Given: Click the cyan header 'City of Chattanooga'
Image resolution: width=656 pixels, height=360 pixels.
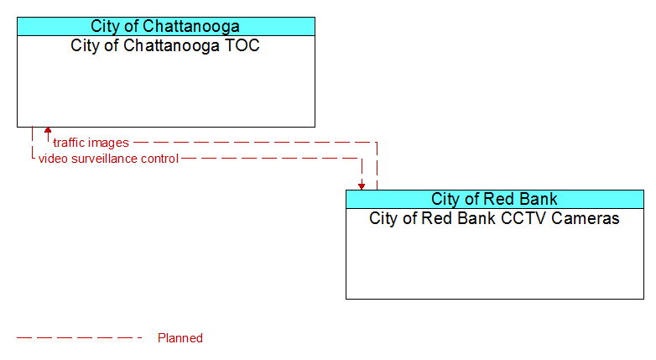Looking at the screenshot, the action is [x=165, y=26].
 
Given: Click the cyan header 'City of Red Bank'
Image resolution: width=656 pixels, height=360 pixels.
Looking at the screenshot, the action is [x=494, y=199].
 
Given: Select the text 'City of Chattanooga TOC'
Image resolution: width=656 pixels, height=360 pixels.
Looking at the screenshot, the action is [x=165, y=45].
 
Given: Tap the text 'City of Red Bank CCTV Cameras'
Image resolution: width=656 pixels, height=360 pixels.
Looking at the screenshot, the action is [x=494, y=218].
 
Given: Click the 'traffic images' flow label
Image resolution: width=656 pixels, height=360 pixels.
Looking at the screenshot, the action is [x=91, y=143].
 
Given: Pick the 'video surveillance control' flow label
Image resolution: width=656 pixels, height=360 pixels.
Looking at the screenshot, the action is [x=108, y=159].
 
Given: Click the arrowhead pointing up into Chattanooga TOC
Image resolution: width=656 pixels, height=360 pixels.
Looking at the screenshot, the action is [x=48, y=130].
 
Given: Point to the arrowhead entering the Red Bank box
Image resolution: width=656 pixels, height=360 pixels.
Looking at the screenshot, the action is [x=362, y=186].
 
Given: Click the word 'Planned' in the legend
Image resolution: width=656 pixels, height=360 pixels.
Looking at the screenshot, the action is [x=180, y=338].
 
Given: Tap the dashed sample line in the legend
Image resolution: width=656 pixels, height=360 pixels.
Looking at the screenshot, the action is [x=80, y=338].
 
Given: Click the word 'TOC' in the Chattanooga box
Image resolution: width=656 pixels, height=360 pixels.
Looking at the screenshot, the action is [x=242, y=45].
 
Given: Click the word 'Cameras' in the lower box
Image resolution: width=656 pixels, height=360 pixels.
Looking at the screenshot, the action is [x=586, y=218].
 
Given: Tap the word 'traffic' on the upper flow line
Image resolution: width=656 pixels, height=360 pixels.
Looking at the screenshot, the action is [x=65, y=143].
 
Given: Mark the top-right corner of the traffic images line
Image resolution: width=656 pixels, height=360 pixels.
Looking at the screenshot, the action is [x=377, y=143].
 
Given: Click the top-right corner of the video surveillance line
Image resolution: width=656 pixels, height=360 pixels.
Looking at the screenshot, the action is [x=362, y=159].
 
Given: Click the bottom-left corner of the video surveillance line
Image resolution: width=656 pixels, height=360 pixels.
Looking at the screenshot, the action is [x=32, y=159].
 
